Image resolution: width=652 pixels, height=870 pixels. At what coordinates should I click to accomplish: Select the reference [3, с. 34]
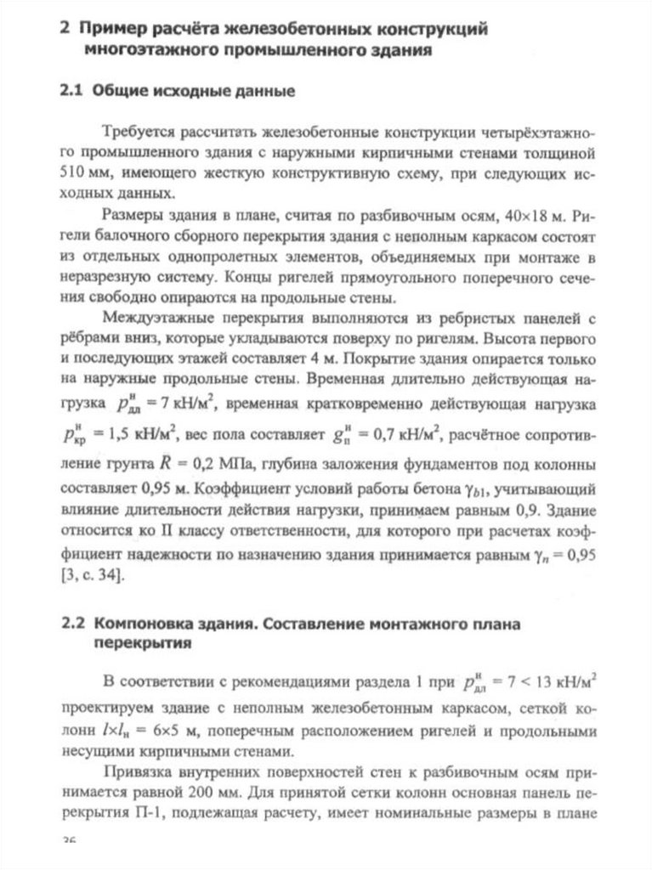click(x=94, y=576)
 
